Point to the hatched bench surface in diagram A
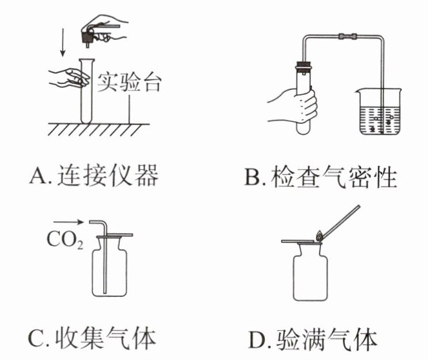click(97, 128)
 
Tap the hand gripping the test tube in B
click(294, 103)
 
